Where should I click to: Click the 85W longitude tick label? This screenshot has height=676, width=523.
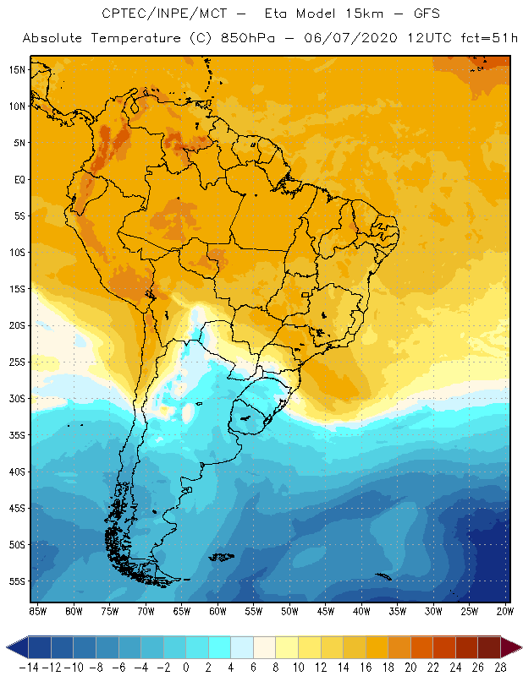click(x=38, y=611)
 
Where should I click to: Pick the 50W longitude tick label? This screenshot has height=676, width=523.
click(x=290, y=611)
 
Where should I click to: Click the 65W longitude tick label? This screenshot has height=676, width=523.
click(x=182, y=611)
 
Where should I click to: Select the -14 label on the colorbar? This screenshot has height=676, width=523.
click(x=28, y=668)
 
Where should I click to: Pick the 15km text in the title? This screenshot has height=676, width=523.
click(x=362, y=14)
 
